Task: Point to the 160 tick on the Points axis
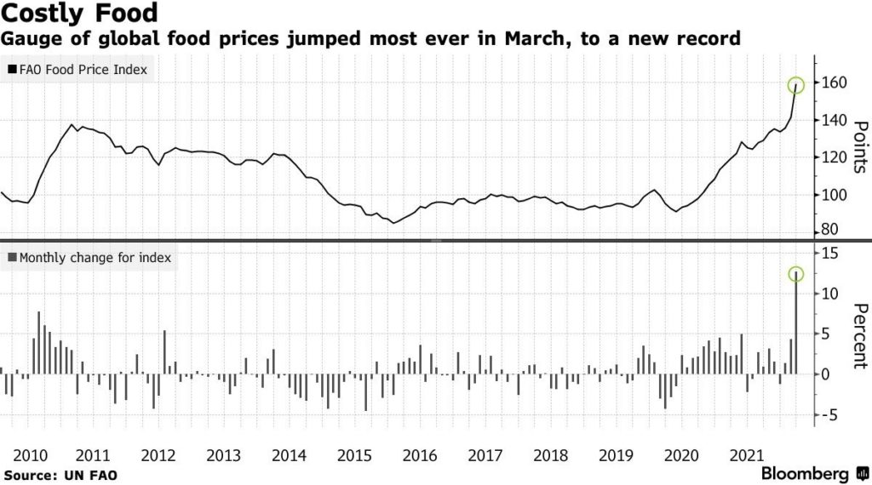[835, 83]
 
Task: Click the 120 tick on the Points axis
[835, 157]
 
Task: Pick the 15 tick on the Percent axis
[830, 253]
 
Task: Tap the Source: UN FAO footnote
[49, 473]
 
